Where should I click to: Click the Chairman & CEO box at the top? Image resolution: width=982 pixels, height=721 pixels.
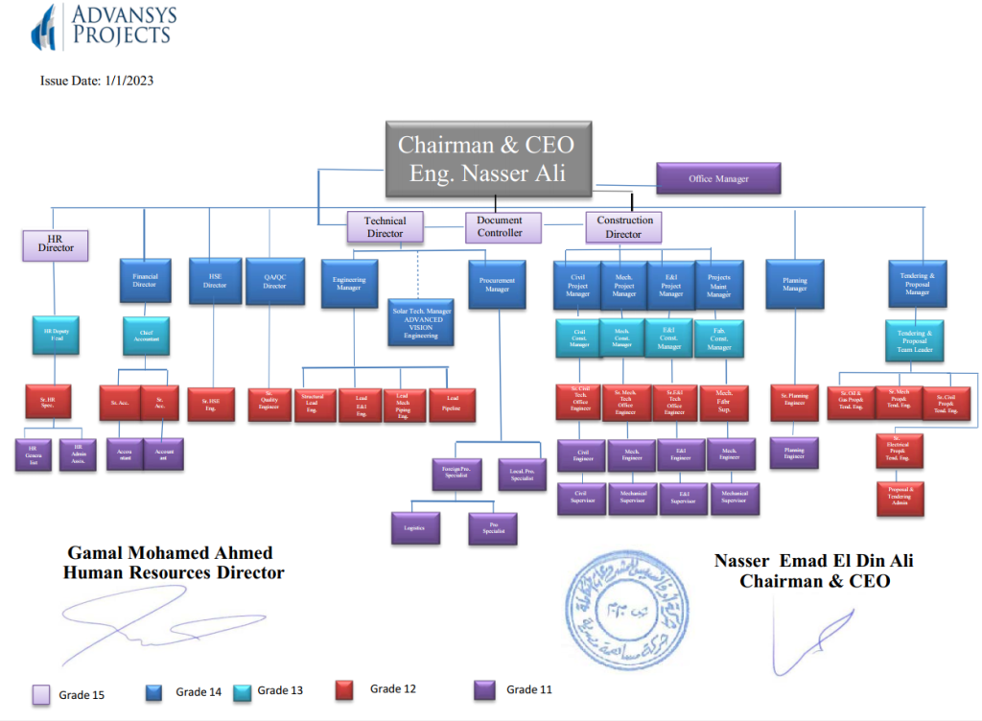tap(488, 158)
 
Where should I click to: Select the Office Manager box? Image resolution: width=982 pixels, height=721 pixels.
tap(718, 178)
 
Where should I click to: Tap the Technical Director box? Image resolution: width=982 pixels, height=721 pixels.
tap(385, 227)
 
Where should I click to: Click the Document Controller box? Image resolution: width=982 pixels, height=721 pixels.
tap(500, 226)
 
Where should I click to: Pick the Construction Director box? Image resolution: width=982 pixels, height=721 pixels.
tap(624, 227)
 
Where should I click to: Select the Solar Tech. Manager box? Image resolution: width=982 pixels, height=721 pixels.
tap(420, 323)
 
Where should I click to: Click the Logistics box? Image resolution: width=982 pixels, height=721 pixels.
tap(415, 528)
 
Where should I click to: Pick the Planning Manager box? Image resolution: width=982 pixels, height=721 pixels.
tap(795, 284)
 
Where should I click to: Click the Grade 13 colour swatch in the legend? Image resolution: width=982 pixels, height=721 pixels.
tap(243, 691)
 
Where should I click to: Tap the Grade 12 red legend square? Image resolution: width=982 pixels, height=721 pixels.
tap(347, 690)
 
